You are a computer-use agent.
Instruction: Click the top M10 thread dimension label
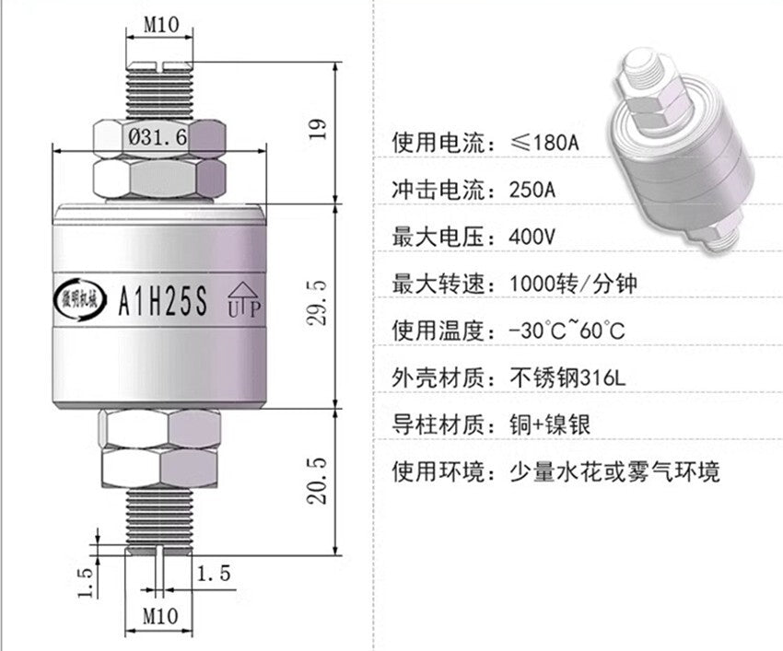point(160,26)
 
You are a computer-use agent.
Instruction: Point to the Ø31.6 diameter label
point(158,138)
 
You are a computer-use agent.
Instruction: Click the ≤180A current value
point(550,144)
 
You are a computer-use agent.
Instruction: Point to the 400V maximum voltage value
point(532,237)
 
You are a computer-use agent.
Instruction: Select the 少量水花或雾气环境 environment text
point(614,472)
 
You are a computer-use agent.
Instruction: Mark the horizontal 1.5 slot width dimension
point(211,573)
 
